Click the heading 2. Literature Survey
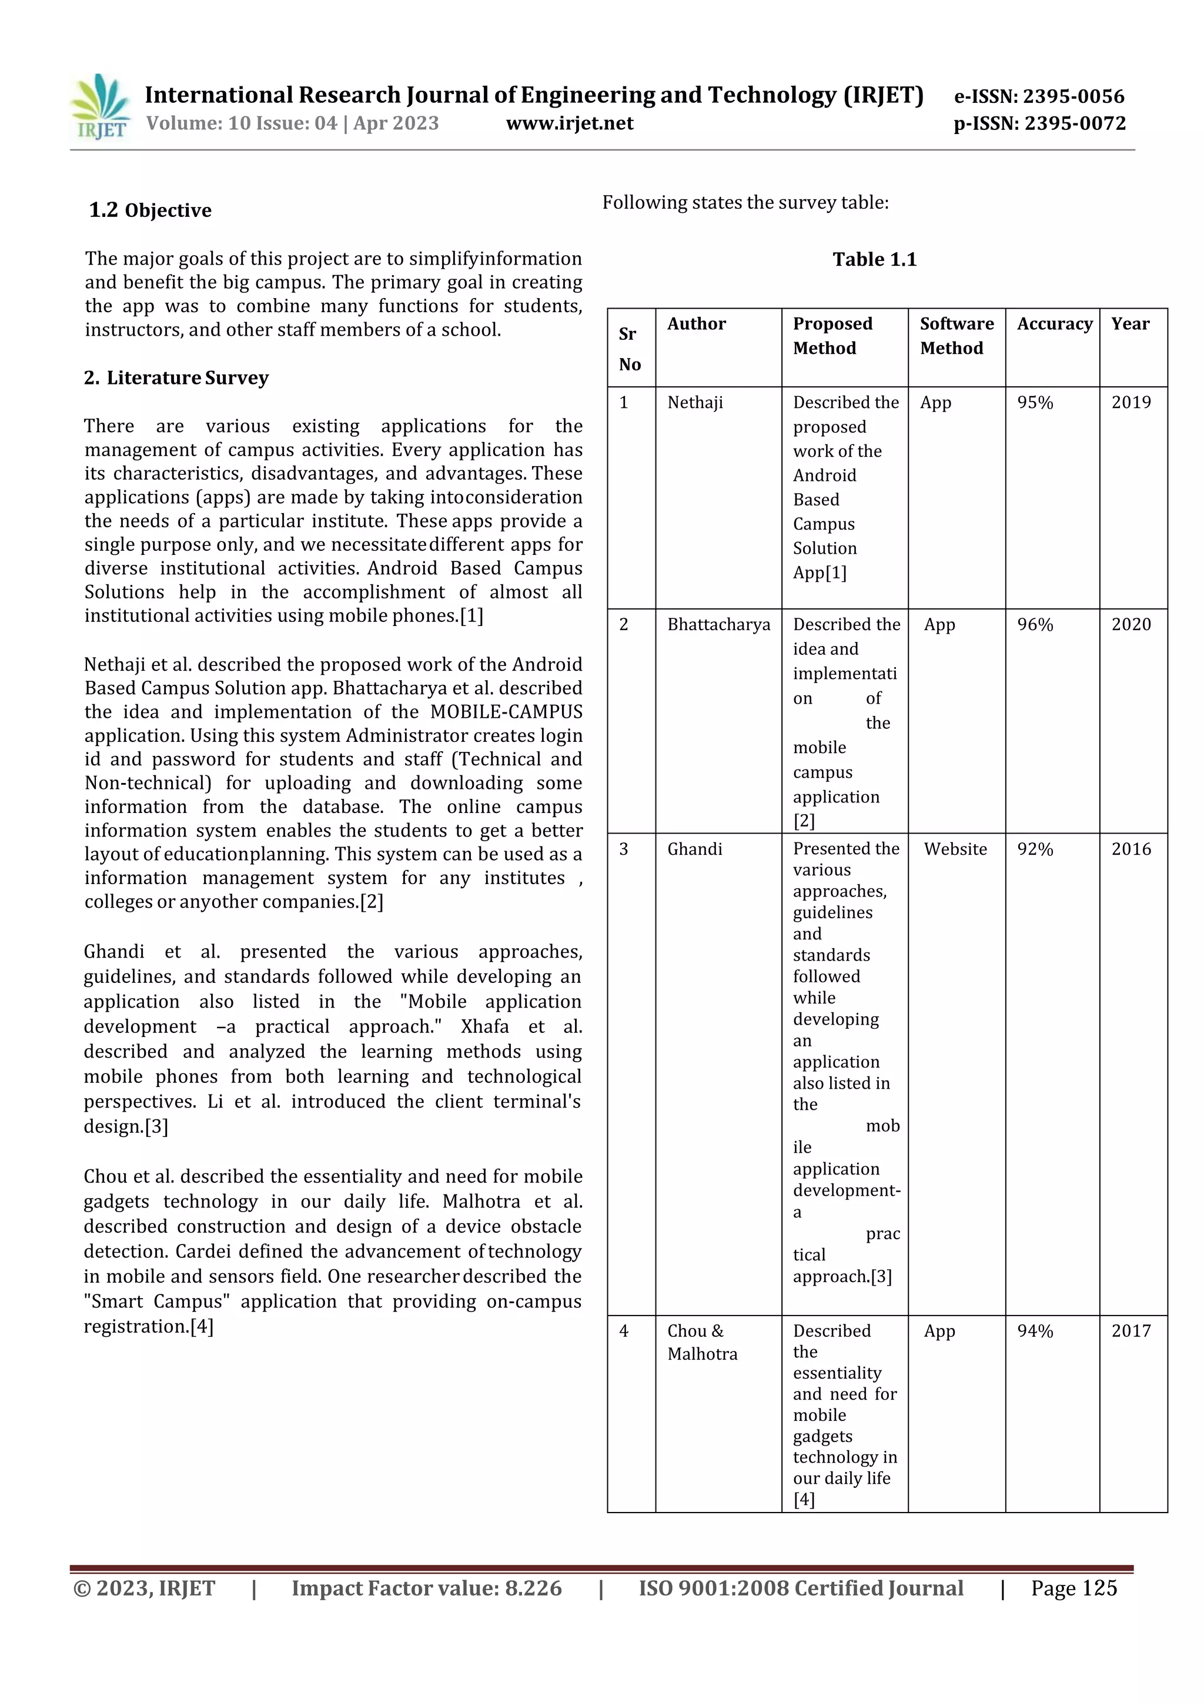click(x=176, y=378)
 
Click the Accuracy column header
click(x=1053, y=324)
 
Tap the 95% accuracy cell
click(x=1035, y=403)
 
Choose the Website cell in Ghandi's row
click(x=955, y=849)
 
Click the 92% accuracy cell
click(x=1035, y=849)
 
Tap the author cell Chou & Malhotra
click(x=702, y=1343)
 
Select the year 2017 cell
click(x=1131, y=1331)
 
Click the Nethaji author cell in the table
click(x=694, y=403)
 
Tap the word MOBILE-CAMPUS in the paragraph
click(x=506, y=712)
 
